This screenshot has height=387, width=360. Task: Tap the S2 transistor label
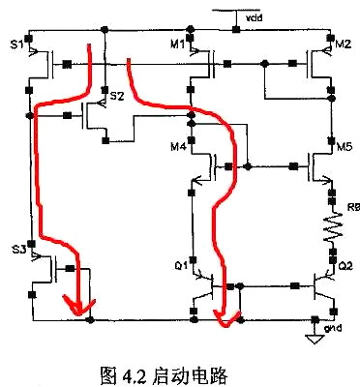tap(116, 96)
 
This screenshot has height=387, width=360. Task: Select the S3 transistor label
tap(18, 250)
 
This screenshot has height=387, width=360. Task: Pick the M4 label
tap(176, 147)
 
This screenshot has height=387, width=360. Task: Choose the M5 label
tap(344, 147)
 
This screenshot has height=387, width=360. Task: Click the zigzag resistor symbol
tap(329, 229)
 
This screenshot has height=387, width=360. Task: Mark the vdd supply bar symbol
tap(230, 10)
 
